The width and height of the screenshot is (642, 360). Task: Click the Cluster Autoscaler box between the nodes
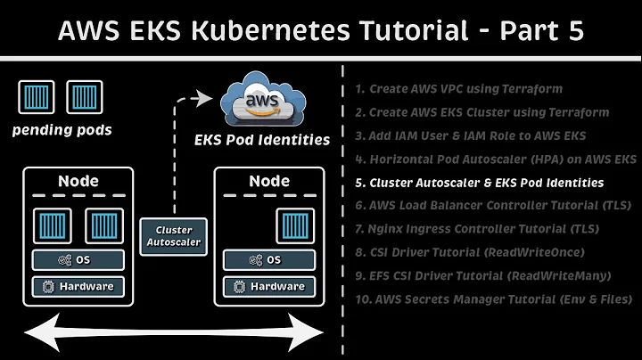click(x=173, y=235)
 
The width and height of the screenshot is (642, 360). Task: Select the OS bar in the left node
click(x=78, y=259)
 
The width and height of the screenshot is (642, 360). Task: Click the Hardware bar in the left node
click(x=78, y=286)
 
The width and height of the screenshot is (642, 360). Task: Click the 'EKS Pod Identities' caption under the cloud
click(x=262, y=139)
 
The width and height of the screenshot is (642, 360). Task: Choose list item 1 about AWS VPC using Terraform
click(x=458, y=89)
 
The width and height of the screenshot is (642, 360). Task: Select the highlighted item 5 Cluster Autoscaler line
click(x=479, y=183)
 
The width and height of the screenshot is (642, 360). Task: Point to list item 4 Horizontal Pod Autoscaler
click(x=495, y=160)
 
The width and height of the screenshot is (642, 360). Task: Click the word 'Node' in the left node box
click(x=78, y=181)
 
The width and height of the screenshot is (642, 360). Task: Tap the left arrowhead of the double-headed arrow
click(x=29, y=331)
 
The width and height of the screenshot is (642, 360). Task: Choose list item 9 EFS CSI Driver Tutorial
click(x=482, y=276)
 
